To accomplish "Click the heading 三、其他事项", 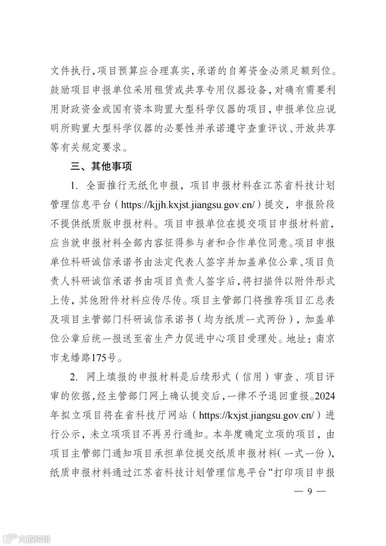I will click(x=102, y=167).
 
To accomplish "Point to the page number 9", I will click(x=310, y=492).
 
